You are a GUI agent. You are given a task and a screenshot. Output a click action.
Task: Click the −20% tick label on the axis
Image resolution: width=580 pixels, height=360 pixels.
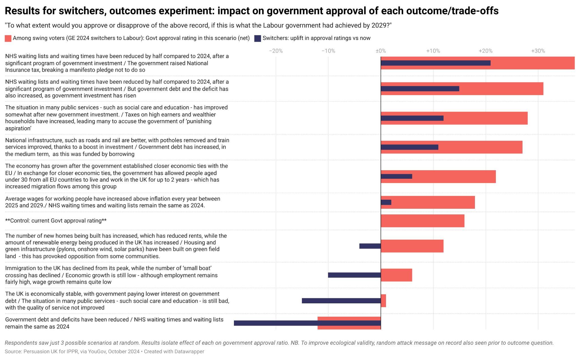pyautogui.click(x=276, y=51)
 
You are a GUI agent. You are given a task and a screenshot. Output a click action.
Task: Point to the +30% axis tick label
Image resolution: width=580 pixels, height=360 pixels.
pyautogui.click(x=538, y=51)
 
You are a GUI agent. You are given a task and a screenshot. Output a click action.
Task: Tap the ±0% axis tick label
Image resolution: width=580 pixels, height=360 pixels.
pyautogui.click(x=381, y=51)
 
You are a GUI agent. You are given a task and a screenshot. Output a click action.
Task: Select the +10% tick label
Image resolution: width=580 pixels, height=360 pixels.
pyautogui.click(x=433, y=51)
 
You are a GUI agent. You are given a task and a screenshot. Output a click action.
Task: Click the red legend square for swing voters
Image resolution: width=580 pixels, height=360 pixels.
pyautogui.click(x=8, y=39)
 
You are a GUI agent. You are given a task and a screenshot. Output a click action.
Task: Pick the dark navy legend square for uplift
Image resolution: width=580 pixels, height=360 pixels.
pyautogui.click(x=257, y=39)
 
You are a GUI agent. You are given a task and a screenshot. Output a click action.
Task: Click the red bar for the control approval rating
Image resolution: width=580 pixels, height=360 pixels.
pyautogui.click(x=422, y=221)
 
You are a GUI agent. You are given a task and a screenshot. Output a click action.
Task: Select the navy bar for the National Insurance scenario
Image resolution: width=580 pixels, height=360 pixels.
pyautogui.click(x=435, y=63)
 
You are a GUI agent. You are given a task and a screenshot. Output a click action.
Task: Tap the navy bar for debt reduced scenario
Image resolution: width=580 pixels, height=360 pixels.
pyautogui.click(x=307, y=323)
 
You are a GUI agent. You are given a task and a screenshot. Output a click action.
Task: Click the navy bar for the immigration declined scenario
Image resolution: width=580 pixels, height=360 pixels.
pyautogui.click(x=354, y=275)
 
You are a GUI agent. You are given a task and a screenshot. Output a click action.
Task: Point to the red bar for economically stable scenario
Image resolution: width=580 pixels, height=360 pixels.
pyautogui.click(x=383, y=301)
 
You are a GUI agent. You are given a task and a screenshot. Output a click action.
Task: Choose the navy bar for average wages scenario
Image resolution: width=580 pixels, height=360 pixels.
pyautogui.click(x=386, y=202)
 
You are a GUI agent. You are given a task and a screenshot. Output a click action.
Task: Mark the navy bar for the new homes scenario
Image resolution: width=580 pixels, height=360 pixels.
pyautogui.click(x=370, y=246)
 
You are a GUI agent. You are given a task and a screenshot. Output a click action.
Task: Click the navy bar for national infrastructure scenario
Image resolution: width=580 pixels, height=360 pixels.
pyautogui.click(x=409, y=147)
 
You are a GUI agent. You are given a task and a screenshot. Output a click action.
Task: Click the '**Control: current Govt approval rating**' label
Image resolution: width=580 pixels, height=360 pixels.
pyautogui.click(x=56, y=221)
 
